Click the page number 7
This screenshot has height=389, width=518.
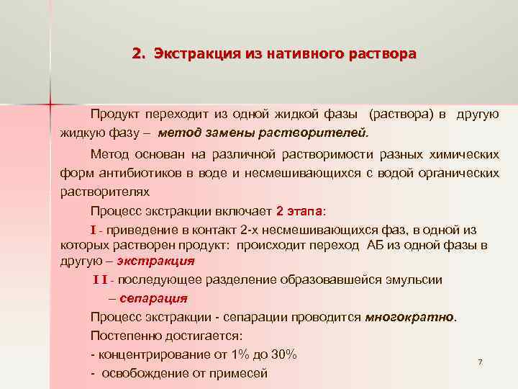(480, 361)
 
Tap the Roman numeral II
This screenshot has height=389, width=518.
(103, 280)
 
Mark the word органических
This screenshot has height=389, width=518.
(458, 174)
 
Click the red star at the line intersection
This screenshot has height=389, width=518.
(50, 104)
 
